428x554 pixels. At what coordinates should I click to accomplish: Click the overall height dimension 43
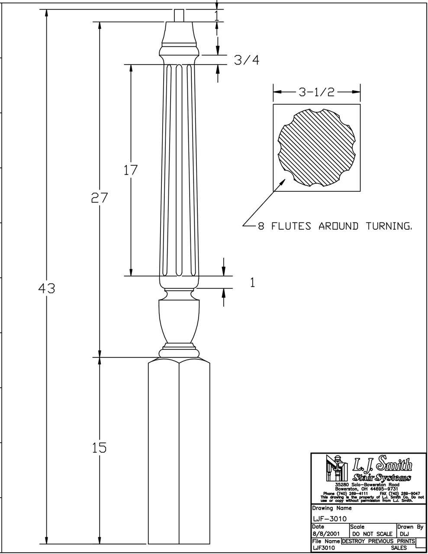[x=46, y=288]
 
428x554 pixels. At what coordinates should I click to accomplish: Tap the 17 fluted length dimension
[x=130, y=170]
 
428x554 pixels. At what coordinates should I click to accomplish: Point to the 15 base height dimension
[x=100, y=448]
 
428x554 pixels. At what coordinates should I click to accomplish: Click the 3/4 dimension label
[x=247, y=61]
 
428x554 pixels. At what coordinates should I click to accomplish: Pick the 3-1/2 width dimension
[x=316, y=92]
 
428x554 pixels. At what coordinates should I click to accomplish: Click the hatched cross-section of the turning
[x=316, y=148]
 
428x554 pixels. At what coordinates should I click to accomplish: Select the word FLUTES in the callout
[x=291, y=226]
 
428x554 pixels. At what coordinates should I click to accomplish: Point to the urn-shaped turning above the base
[x=179, y=320]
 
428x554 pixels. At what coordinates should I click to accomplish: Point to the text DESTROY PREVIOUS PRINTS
[x=378, y=541]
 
